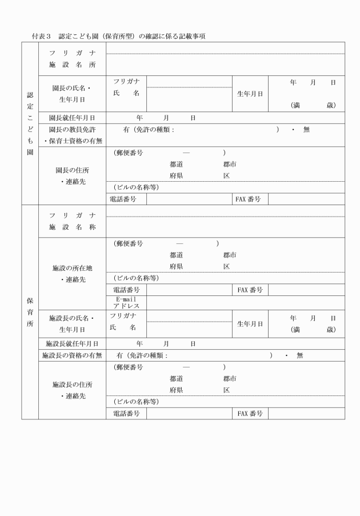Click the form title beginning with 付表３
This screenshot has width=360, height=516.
click(x=119, y=36)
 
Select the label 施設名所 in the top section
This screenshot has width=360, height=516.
click(x=72, y=65)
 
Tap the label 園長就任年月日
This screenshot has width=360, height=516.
click(x=72, y=118)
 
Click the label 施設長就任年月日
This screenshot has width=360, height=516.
click(x=72, y=343)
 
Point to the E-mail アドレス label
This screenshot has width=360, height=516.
click(x=126, y=302)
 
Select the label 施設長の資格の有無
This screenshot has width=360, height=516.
click(x=72, y=355)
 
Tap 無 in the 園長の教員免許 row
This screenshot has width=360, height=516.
click(x=306, y=130)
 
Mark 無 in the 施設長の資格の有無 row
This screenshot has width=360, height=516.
click(x=299, y=355)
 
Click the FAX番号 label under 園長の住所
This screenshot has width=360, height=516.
click(x=248, y=199)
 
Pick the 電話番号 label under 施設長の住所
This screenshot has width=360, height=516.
click(x=126, y=413)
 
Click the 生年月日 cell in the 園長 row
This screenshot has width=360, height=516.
click(x=250, y=94)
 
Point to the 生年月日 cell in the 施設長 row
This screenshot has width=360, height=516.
click(x=250, y=323)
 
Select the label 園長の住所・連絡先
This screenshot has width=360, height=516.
click(x=72, y=175)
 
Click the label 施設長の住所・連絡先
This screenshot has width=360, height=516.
click(x=72, y=390)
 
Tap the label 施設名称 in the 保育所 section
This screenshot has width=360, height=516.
click(x=72, y=227)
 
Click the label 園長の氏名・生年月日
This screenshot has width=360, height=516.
click(x=72, y=94)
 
